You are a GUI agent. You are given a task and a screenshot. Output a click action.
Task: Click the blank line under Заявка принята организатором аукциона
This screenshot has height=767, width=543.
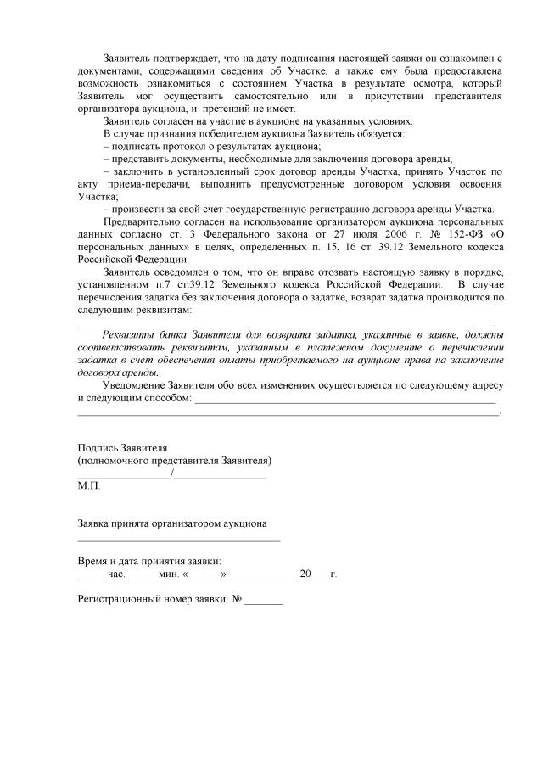click(178, 539)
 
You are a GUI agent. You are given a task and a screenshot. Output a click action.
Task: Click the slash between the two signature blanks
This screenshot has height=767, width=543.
click(173, 474)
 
